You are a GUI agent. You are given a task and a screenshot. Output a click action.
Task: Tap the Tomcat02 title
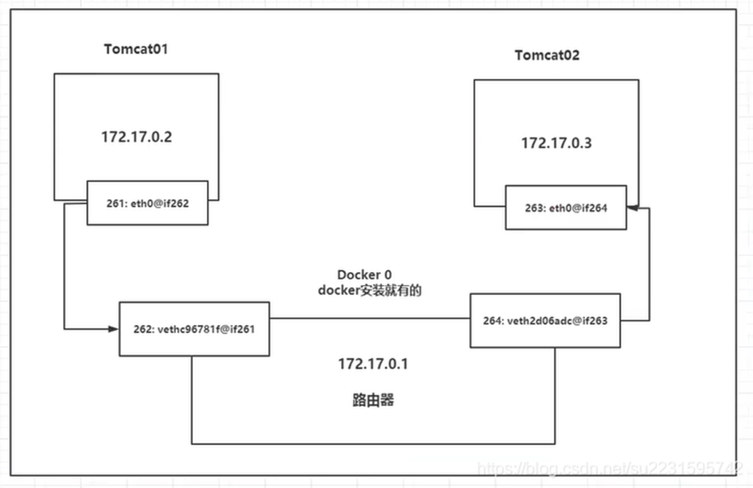pos(547,56)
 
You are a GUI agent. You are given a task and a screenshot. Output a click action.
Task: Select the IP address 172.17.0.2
pos(136,136)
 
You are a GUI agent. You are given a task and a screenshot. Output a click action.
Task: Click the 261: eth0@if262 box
pos(147,202)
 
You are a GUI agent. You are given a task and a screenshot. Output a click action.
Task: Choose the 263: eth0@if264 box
pos(566,208)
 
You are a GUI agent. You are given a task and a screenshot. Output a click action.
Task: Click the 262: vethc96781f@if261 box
pos(194,329)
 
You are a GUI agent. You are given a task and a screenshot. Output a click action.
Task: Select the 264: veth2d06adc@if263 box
pos(545,321)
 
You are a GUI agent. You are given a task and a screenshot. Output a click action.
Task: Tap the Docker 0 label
pos(364,275)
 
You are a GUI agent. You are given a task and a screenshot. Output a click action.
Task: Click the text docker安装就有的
pos(371,290)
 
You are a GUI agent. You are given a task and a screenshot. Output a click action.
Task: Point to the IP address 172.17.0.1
pos(373,364)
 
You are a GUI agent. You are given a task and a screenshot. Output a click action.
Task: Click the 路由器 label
pos(373,399)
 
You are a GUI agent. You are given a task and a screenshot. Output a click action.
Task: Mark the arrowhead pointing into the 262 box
pos(113,329)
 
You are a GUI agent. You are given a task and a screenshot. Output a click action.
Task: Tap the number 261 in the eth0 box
pos(113,202)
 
